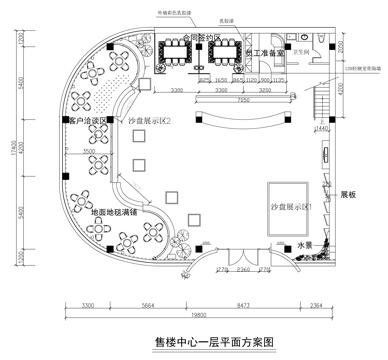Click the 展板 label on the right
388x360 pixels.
[348, 196]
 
